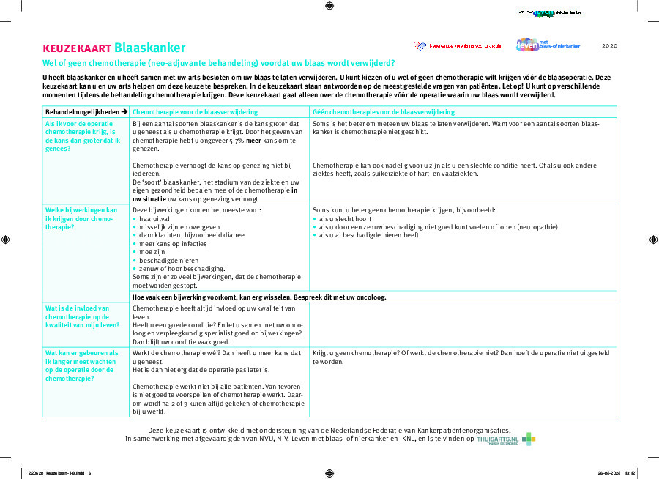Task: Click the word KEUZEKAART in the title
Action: point(77,48)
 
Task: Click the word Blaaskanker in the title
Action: point(149,48)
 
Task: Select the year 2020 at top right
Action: point(609,46)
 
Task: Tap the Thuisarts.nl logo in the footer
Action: point(505,439)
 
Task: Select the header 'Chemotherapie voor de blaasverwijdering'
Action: point(194,111)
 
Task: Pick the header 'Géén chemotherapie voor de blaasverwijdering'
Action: point(383,111)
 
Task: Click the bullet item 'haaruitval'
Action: point(154,218)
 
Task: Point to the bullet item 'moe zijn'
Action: point(154,251)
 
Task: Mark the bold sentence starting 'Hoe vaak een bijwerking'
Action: point(258,297)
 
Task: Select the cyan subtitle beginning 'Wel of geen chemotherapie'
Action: point(218,63)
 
